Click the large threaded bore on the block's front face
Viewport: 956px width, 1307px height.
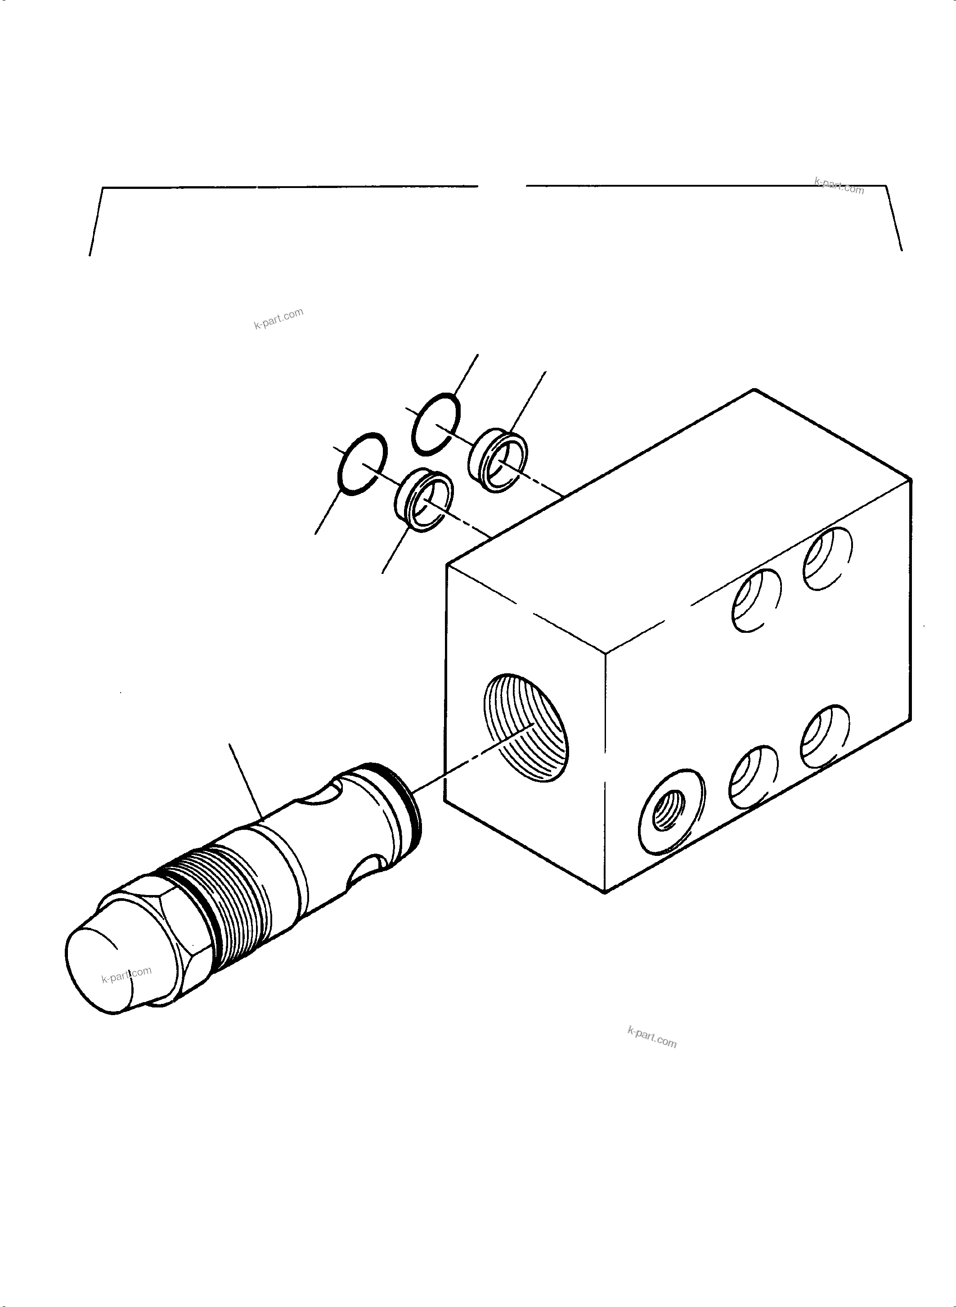point(525,727)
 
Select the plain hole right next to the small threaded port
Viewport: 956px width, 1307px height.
point(753,777)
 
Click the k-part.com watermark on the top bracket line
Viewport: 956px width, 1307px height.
point(839,186)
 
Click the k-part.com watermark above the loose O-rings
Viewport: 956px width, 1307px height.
point(278,318)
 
